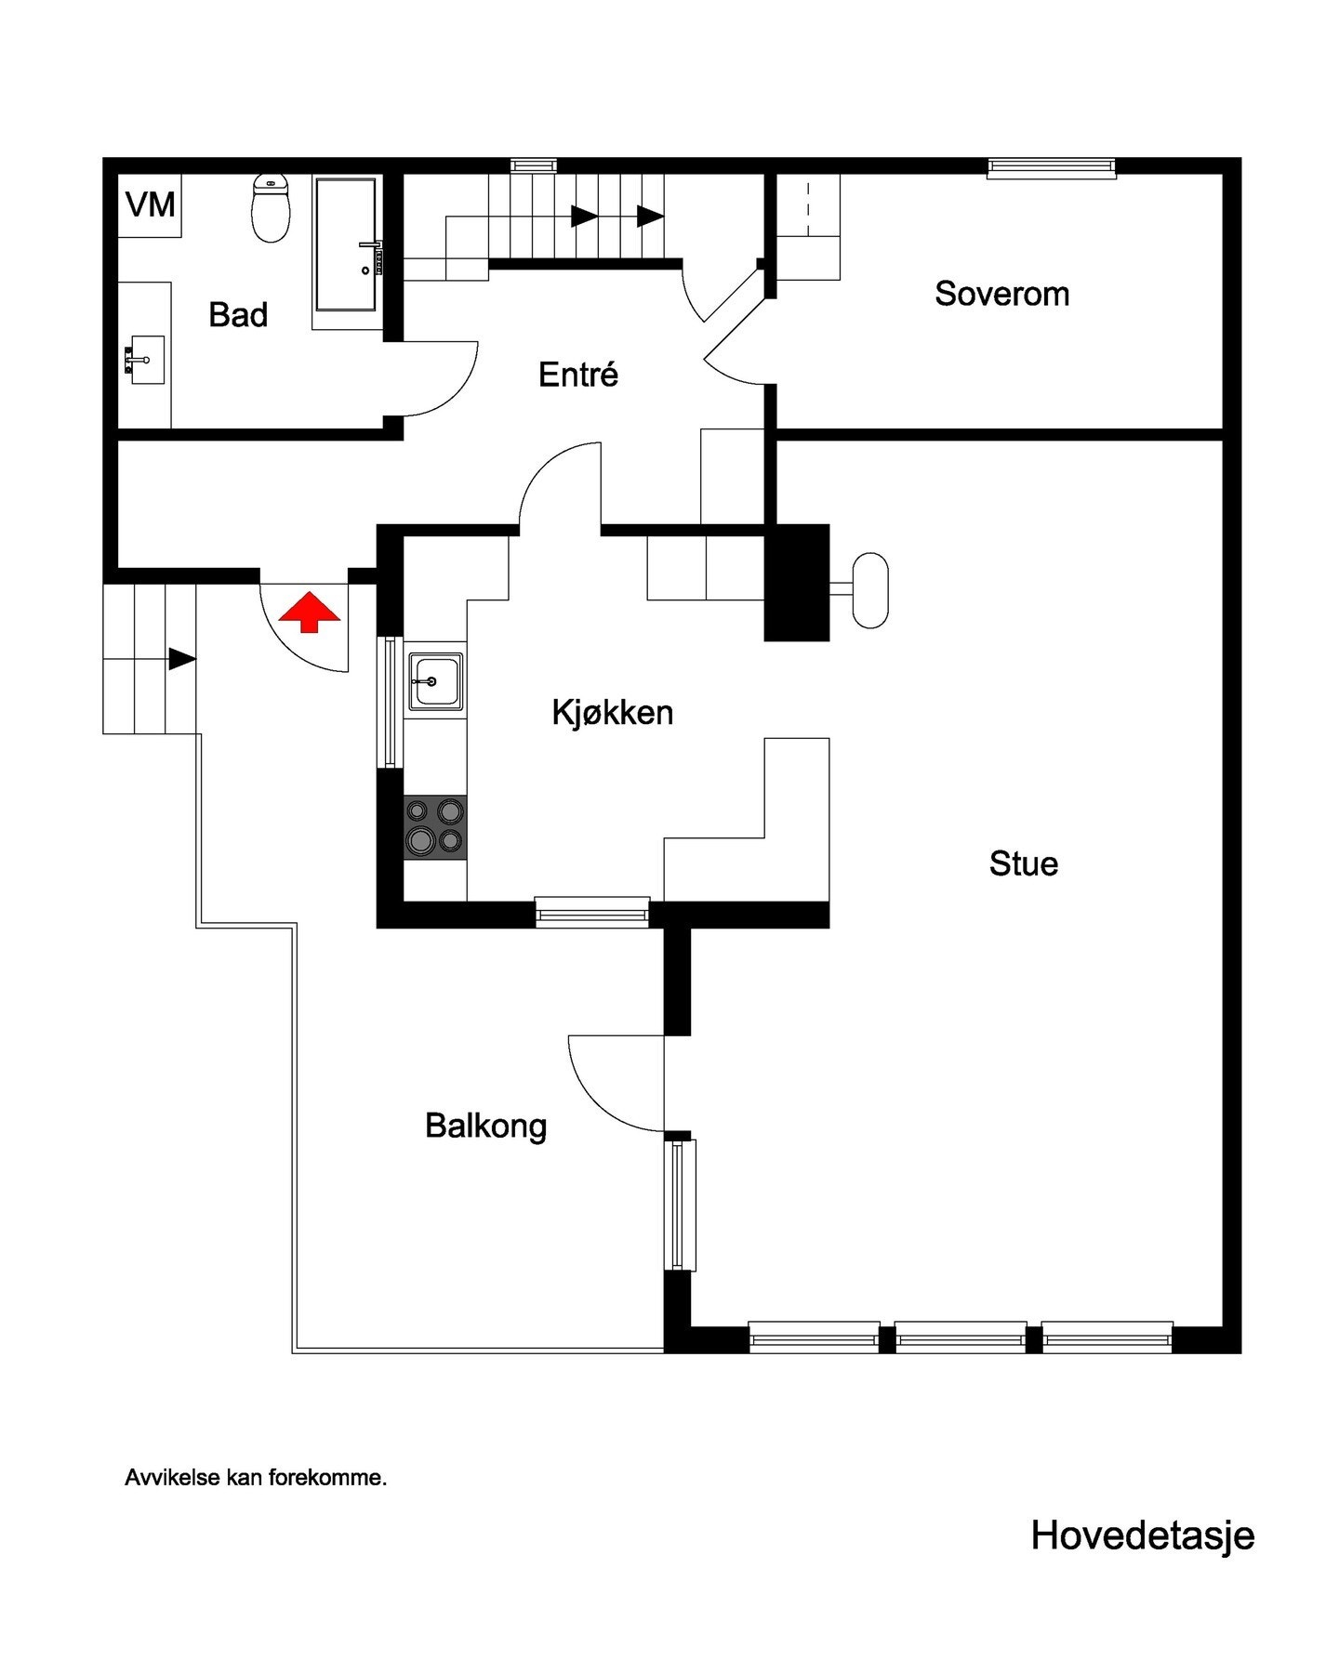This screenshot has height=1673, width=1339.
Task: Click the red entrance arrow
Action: [x=310, y=614]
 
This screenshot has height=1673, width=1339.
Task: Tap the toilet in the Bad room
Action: [x=271, y=208]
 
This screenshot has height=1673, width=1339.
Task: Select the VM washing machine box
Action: [x=150, y=205]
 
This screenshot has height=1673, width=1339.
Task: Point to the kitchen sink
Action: [x=435, y=681]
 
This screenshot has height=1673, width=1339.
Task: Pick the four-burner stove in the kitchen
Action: [x=435, y=827]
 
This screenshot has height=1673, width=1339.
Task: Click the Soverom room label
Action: [x=1001, y=294]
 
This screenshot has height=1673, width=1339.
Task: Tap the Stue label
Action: [x=1023, y=863]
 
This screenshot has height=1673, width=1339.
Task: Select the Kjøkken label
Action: [x=612, y=713]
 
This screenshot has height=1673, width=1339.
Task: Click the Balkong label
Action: [x=485, y=1126]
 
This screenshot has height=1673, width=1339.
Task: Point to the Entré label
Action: [x=578, y=375]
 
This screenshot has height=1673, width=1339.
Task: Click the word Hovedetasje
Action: [x=1143, y=1535]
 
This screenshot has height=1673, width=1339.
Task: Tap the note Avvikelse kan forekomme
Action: [x=256, y=1478]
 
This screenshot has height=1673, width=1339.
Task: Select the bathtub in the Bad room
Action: [x=347, y=245]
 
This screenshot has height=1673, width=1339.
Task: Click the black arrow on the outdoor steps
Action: [x=182, y=660]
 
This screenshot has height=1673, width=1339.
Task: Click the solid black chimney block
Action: [x=796, y=583]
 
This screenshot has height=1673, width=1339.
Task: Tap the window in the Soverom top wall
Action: [x=1051, y=167]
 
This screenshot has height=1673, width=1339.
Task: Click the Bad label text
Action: [x=238, y=315]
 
